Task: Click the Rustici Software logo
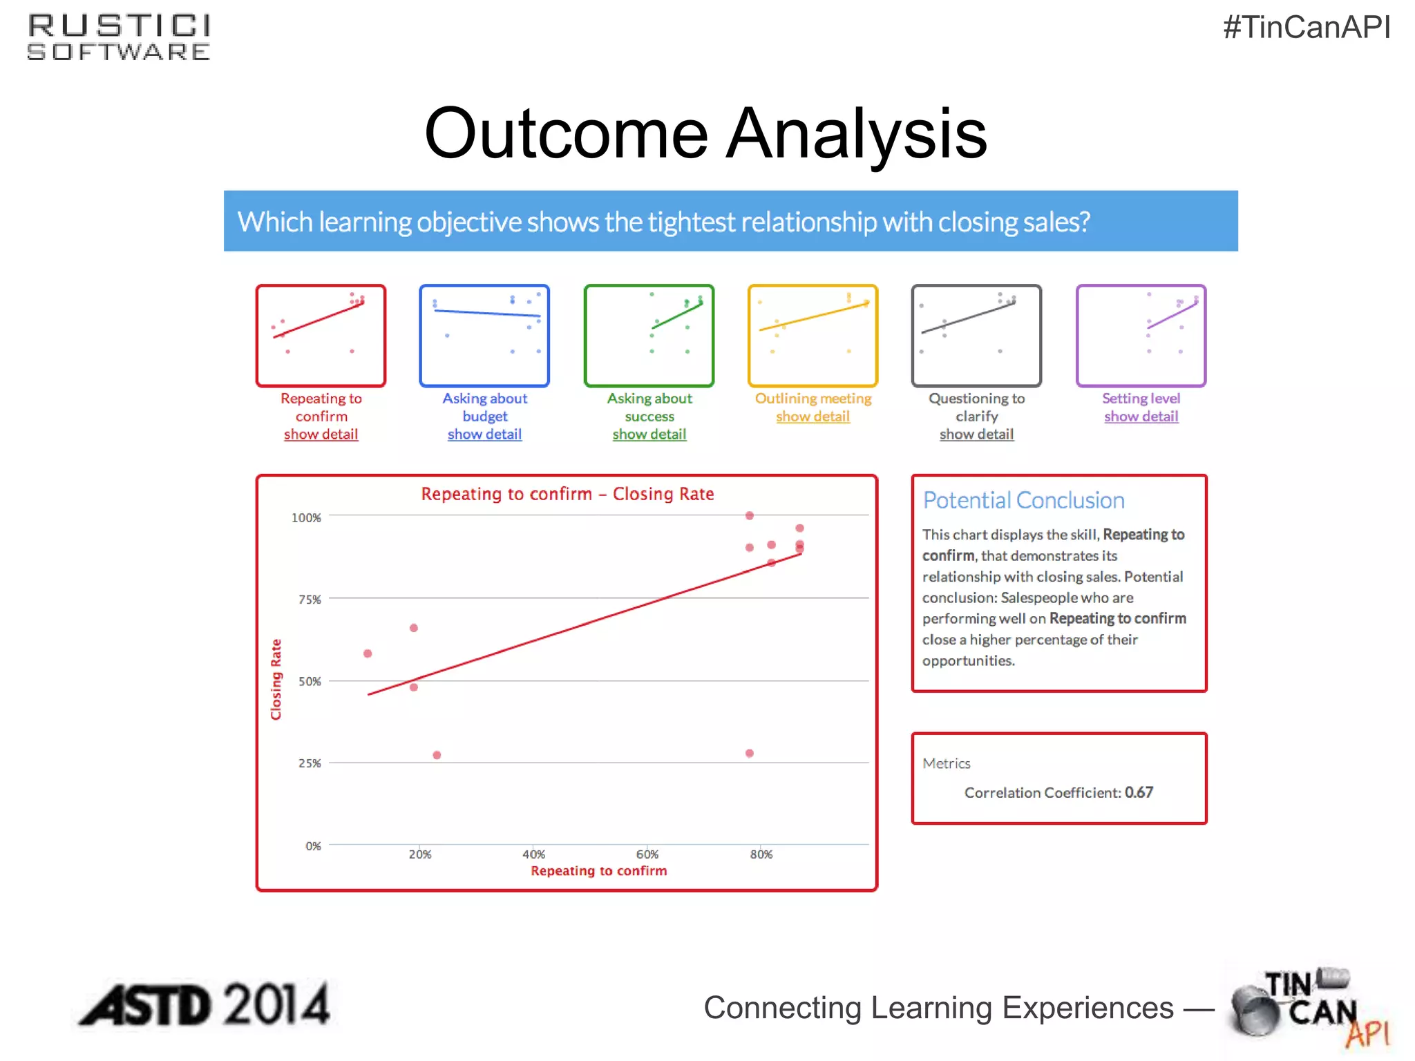pos(119,38)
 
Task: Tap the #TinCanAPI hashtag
pos(1306,28)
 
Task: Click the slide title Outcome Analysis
pos(705,133)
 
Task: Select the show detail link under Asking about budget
pos(484,434)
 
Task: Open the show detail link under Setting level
pos(1141,417)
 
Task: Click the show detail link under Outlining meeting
pos(813,417)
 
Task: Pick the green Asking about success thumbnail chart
pos(649,336)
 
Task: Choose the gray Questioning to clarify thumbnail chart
pos(976,336)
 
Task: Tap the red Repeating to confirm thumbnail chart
pos(321,336)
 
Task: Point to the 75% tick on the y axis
pos(310,600)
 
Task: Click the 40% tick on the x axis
pos(533,854)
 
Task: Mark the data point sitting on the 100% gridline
pos(749,515)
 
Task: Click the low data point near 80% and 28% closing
pos(749,753)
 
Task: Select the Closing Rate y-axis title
pos(276,679)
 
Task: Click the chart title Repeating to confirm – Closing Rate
pos(567,494)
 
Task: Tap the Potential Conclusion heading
pos(1023,500)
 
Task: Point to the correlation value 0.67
pos(1139,792)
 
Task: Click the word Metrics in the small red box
pos(946,763)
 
